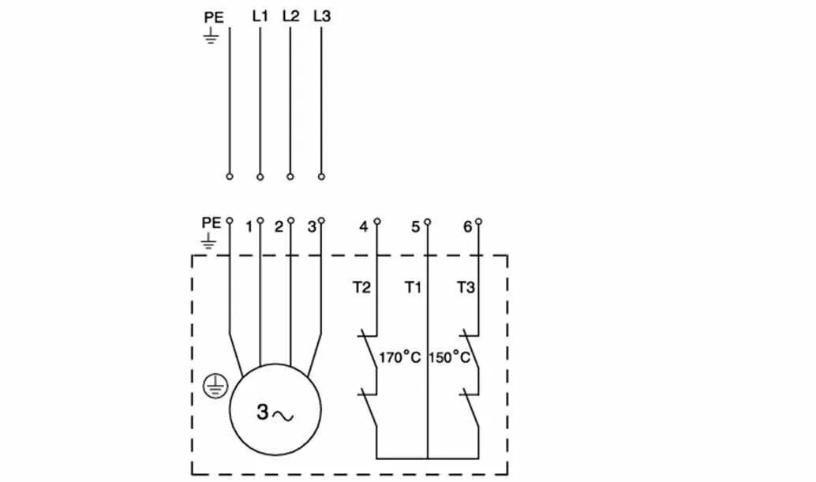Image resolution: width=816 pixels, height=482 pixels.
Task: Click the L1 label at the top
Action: (260, 16)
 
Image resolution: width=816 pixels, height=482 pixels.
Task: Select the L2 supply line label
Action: (290, 16)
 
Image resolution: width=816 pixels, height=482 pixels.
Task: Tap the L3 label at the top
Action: (321, 16)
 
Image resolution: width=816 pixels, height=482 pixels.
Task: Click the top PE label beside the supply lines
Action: (212, 17)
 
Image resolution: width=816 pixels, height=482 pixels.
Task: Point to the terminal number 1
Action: (249, 227)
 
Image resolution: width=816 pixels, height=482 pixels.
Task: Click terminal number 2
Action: (279, 227)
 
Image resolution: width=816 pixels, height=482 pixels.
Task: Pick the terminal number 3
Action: (312, 227)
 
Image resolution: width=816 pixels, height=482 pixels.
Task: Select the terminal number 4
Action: (364, 227)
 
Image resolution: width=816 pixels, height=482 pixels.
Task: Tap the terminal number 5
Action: (416, 227)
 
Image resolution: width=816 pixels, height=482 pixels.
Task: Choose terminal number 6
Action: (467, 227)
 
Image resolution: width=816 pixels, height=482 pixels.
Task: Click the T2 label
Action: (361, 288)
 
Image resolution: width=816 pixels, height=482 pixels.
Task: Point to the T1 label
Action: (414, 288)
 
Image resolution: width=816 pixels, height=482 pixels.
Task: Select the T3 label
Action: (466, 288)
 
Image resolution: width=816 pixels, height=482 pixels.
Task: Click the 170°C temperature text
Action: (400, 357)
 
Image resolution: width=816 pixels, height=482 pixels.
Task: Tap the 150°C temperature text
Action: (451, 357)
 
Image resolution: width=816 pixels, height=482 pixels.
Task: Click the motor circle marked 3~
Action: (275, 409)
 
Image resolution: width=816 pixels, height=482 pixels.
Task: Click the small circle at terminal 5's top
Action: (427, 222)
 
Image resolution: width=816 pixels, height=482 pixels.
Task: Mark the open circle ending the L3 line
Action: (321, 177)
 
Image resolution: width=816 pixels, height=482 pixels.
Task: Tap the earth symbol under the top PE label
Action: (211, 35)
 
